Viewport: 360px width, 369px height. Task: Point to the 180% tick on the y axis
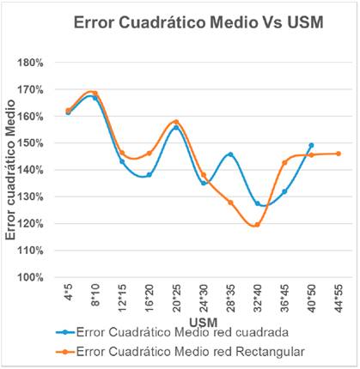point(43,63)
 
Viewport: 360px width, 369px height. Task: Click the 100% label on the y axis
point(43,277)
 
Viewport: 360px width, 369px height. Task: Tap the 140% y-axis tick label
point(43,170)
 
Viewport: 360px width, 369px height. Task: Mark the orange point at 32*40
point(257,225)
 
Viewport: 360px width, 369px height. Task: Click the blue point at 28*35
point(230,154)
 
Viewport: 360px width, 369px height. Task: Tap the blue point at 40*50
point(311,145)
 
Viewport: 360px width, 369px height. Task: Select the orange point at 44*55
point(338,154)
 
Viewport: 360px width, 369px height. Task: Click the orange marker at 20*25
point(176,122)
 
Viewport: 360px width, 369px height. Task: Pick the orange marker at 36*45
point(284,162)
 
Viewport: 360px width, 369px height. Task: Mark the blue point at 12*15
point(122,161)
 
